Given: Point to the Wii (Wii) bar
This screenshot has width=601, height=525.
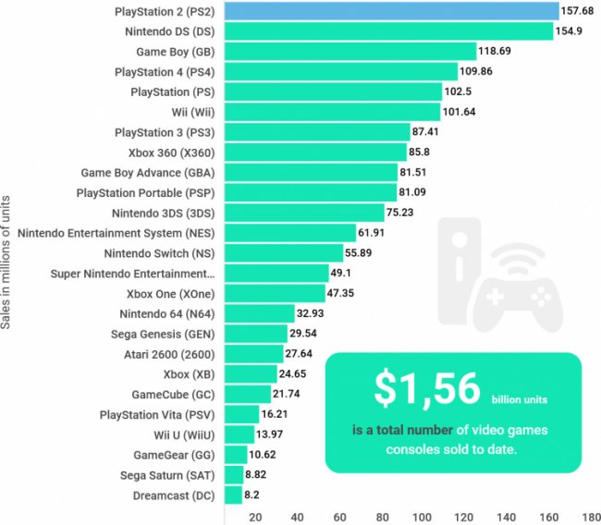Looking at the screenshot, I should click(332, 112).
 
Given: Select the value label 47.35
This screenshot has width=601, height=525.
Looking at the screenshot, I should click(347, 294).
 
